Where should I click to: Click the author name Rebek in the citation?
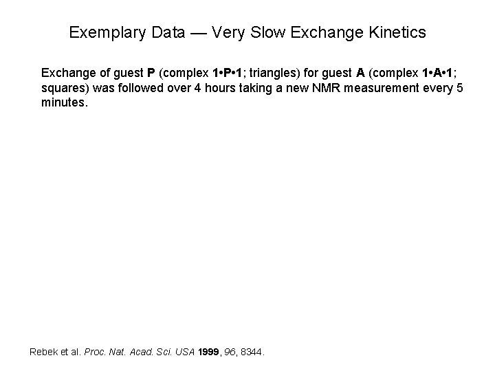[x=44, y=352]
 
